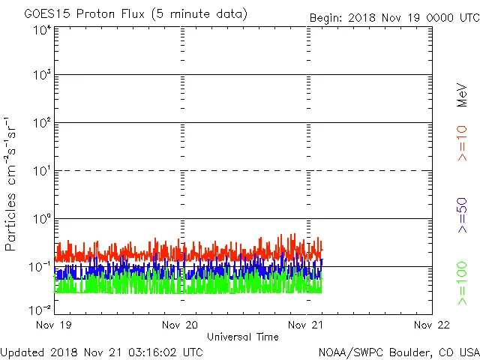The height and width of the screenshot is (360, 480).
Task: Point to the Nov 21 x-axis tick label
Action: (307, 325)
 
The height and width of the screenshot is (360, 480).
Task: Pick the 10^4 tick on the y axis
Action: (42, 30)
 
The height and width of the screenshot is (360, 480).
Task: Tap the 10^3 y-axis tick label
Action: (42, 76)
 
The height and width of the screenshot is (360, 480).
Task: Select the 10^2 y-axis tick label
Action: (42, 123)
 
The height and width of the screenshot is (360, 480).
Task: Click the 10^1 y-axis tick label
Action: (42, 171)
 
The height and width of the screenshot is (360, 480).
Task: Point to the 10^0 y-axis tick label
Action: (42, 219)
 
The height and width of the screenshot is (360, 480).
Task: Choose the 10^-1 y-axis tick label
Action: (40, 267)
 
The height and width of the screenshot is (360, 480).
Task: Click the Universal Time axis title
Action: (243, 337)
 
